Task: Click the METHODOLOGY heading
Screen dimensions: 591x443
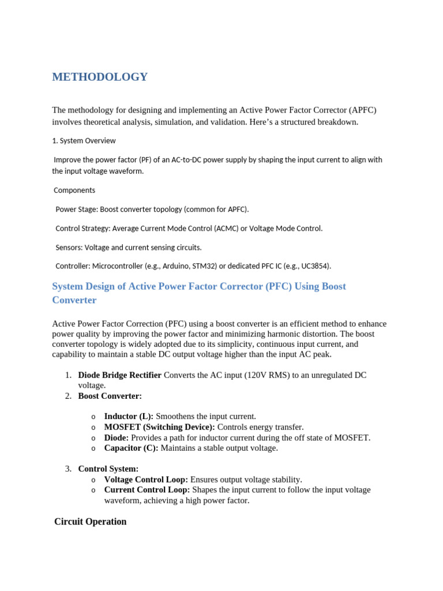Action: [x=100, y=77]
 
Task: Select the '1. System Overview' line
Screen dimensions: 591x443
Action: [x=84, y=140]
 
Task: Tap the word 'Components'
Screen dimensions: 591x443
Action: [x=74, y=190]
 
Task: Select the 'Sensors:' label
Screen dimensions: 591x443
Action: [x=69, y=247]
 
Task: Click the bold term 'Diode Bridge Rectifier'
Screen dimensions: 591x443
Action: [x=119, y=375]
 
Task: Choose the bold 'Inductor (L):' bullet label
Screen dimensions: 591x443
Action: [x=129, y=416]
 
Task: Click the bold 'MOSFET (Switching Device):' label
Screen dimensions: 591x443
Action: [x=159, y=427]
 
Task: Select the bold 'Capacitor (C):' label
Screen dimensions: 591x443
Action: [x=131, y=448]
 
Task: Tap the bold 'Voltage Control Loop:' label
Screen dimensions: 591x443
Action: [x=146, y=480]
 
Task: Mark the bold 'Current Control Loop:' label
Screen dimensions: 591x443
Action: [x=147, y=490]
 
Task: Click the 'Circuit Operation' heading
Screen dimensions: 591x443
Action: [x=90, y=522]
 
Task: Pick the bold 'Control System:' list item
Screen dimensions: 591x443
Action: [x=108, y=469]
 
